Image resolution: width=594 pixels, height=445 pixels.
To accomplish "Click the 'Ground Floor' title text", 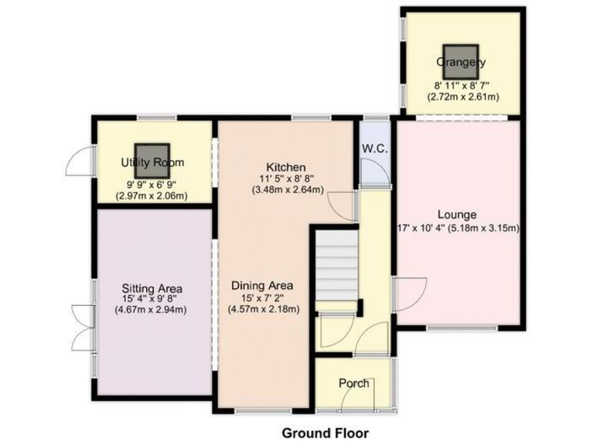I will coord(325,433).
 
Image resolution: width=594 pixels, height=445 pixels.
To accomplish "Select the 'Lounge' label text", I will coord(456,215).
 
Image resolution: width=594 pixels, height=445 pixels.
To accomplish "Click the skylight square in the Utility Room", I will coord(152,156).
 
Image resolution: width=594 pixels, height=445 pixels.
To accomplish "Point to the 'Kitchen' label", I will coord(286,167).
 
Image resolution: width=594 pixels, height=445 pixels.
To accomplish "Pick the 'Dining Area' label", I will coord(263,285).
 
